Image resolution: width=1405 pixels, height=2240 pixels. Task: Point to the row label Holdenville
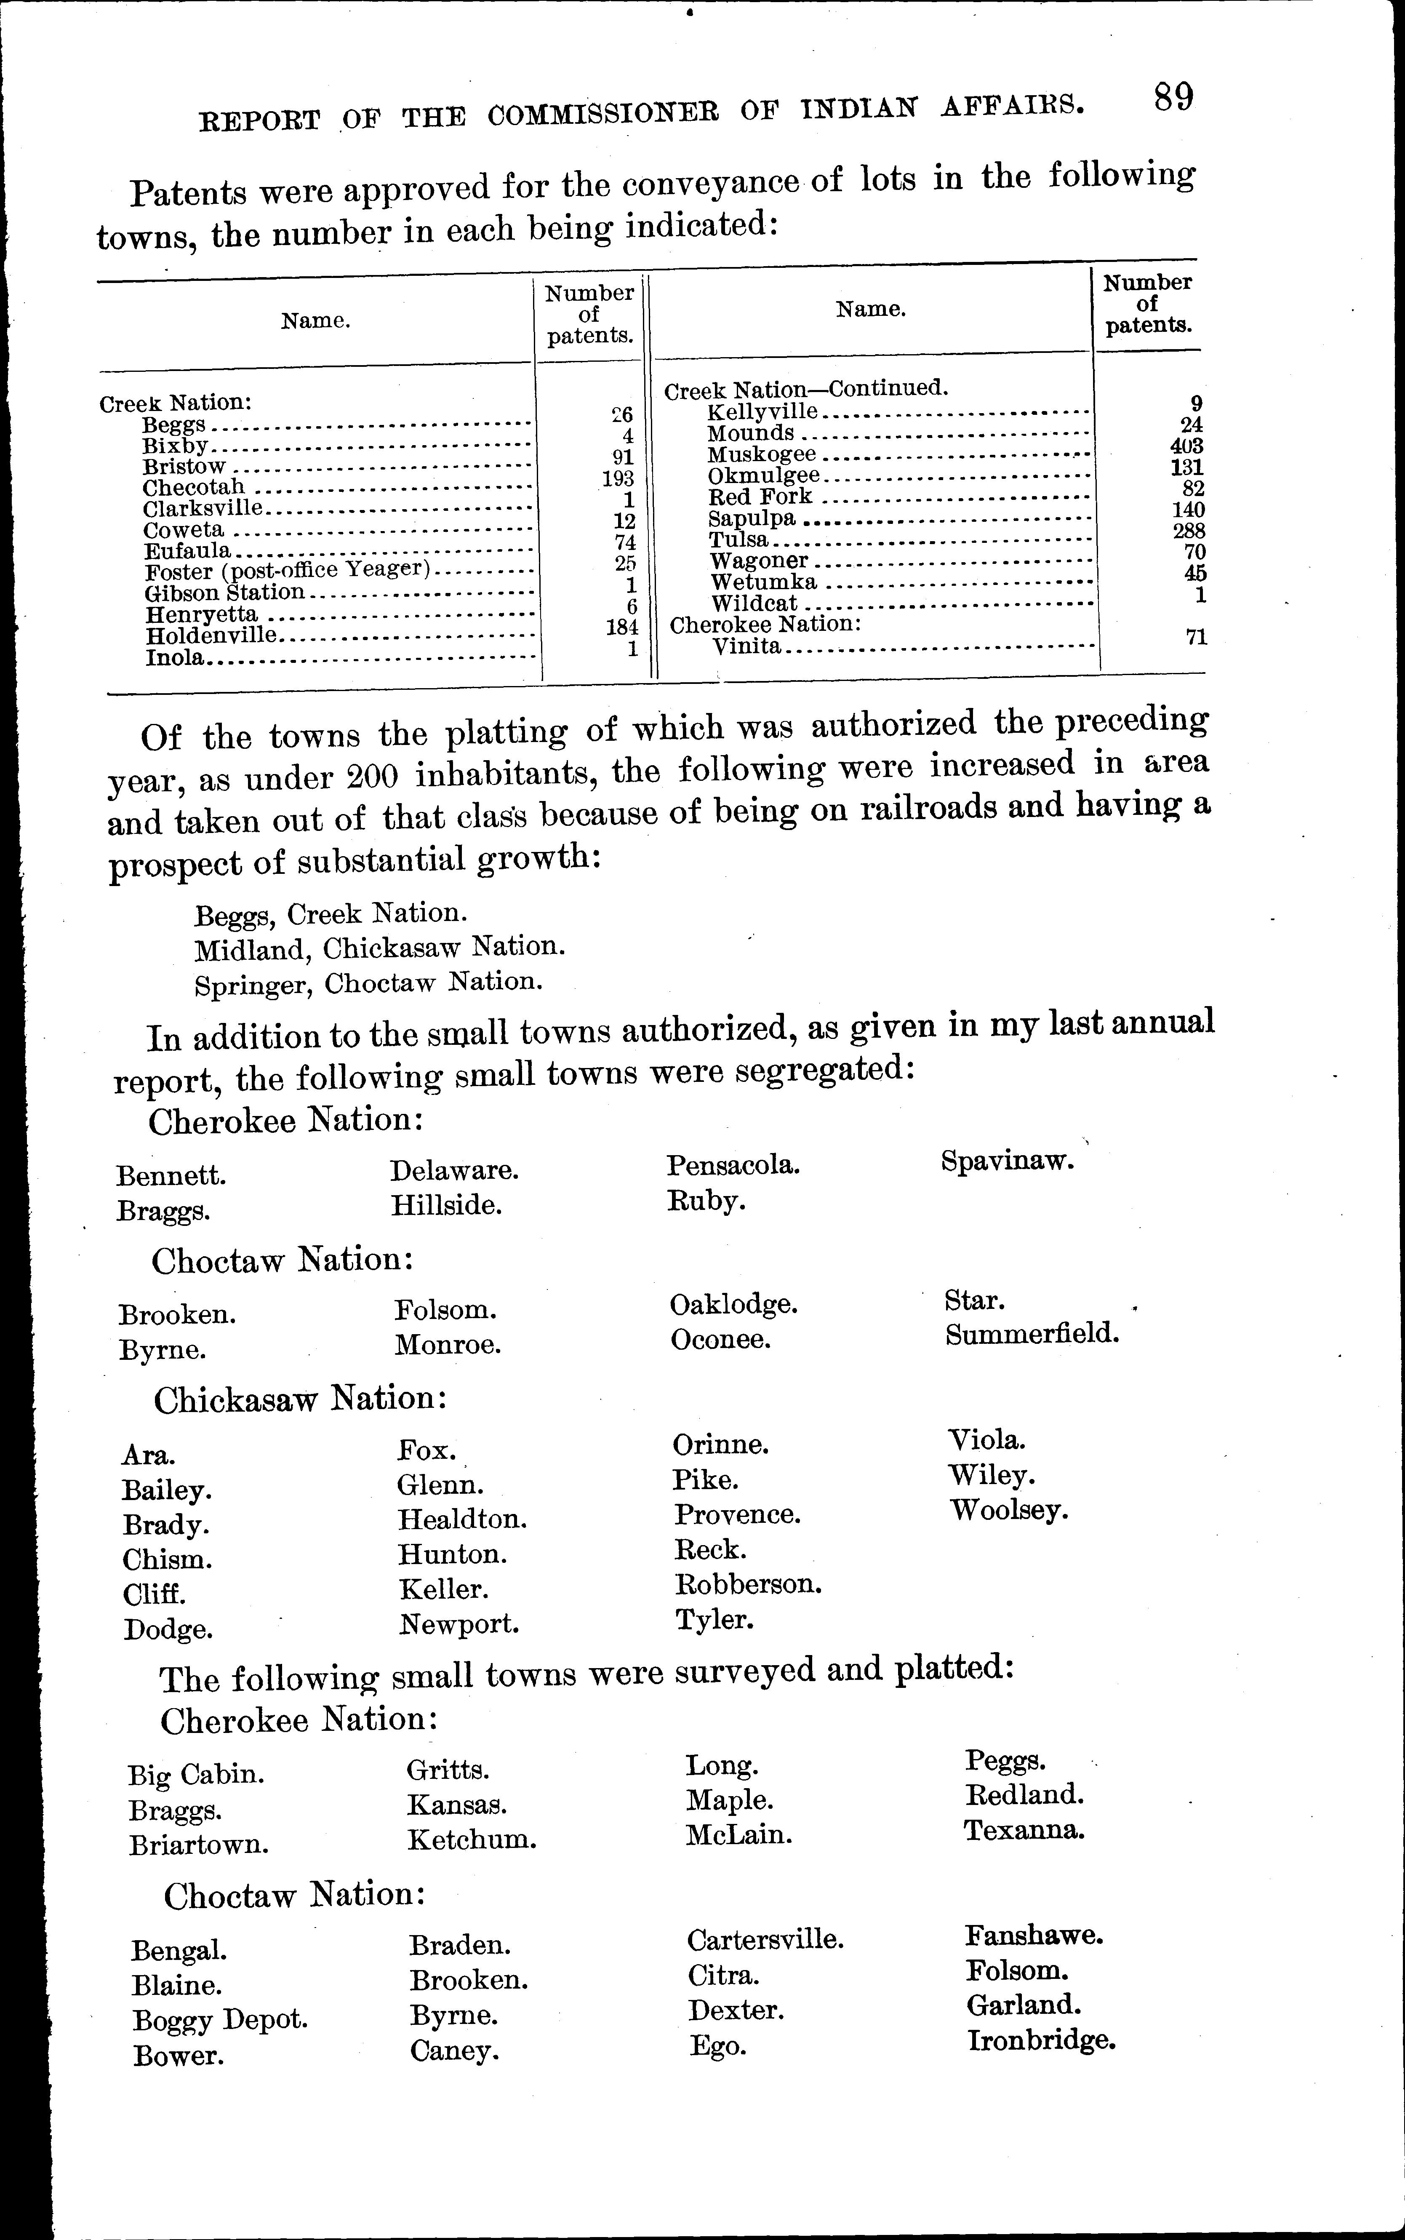click(211, 636)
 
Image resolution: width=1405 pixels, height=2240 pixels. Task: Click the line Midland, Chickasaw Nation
click(379, 948)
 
